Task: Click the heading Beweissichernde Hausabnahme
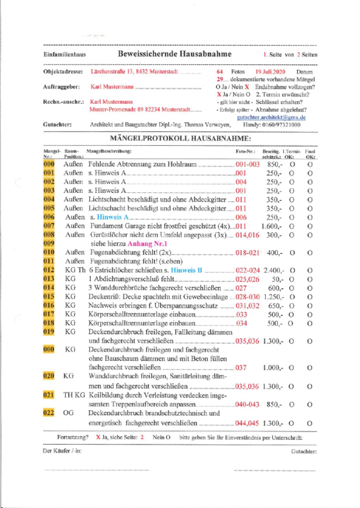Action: (x=174, y=54)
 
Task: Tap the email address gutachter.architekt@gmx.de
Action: (x=271, y=117)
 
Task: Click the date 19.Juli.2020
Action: (x=270, y=72)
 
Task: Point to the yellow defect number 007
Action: (x=49, y=226)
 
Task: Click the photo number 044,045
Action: (x=247, y=423)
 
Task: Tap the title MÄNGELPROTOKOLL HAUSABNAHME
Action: (x=180, y=138)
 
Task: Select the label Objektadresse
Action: (x=63, y=72)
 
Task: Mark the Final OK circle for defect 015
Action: (x=310, y=297)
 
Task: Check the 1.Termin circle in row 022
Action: (x=291, y=423)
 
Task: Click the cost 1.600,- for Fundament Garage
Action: (x=271, y=226)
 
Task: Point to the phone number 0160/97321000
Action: (x=281, y=125)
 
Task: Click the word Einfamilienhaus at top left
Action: (x=65, y=54)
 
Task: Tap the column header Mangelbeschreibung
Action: (x=109, y=151)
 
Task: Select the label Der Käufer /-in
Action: (x=62, y=451)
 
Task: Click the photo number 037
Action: (x=241, y=367)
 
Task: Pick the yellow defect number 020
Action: (x=49, y=376)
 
